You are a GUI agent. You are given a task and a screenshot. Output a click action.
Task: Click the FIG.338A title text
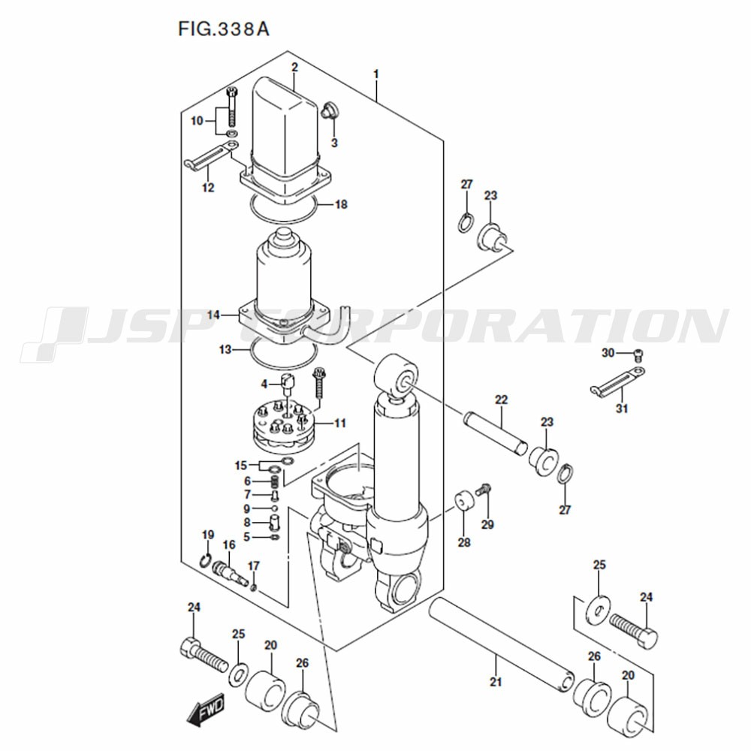click(224, 29)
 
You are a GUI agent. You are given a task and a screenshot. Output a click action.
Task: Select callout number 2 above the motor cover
click(294, 67)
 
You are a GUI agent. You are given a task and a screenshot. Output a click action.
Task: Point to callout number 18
click(341, 204)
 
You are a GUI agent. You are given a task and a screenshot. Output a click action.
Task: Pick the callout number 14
click(213, 315)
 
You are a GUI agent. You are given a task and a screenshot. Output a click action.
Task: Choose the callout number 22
click(501, 400)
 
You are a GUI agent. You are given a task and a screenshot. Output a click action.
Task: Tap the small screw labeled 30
click(638, 355)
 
